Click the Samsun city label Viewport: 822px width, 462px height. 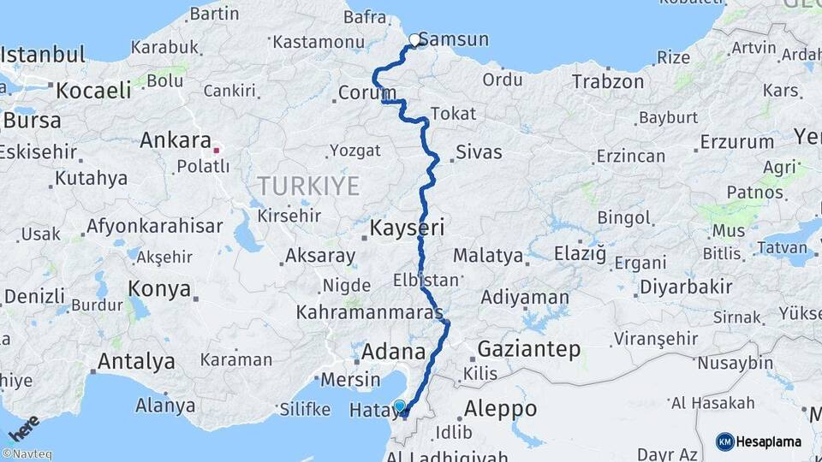coord(455,39)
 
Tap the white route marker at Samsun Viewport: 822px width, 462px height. coord(415,39)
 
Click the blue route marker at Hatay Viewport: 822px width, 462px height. coord(400,406)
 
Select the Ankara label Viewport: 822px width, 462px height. coord(176,139)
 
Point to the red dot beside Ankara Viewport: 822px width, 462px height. coord(217,150)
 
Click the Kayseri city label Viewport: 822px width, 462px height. coord(407,228)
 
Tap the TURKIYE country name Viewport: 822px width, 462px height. coord(308,186)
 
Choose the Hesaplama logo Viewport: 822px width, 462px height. coord(759,441)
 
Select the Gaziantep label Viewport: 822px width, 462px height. coord(528,349)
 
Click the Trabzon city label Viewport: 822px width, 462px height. coord(607,81)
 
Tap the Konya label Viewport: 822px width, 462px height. coord(159,289)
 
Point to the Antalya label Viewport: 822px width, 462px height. coord(136,361)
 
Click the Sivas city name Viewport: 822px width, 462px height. coord(479,153)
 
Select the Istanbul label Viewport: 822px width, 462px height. coord(43,56)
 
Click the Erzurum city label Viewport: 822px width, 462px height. coord(736,141)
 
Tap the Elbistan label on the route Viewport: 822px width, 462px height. coord(426,280)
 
